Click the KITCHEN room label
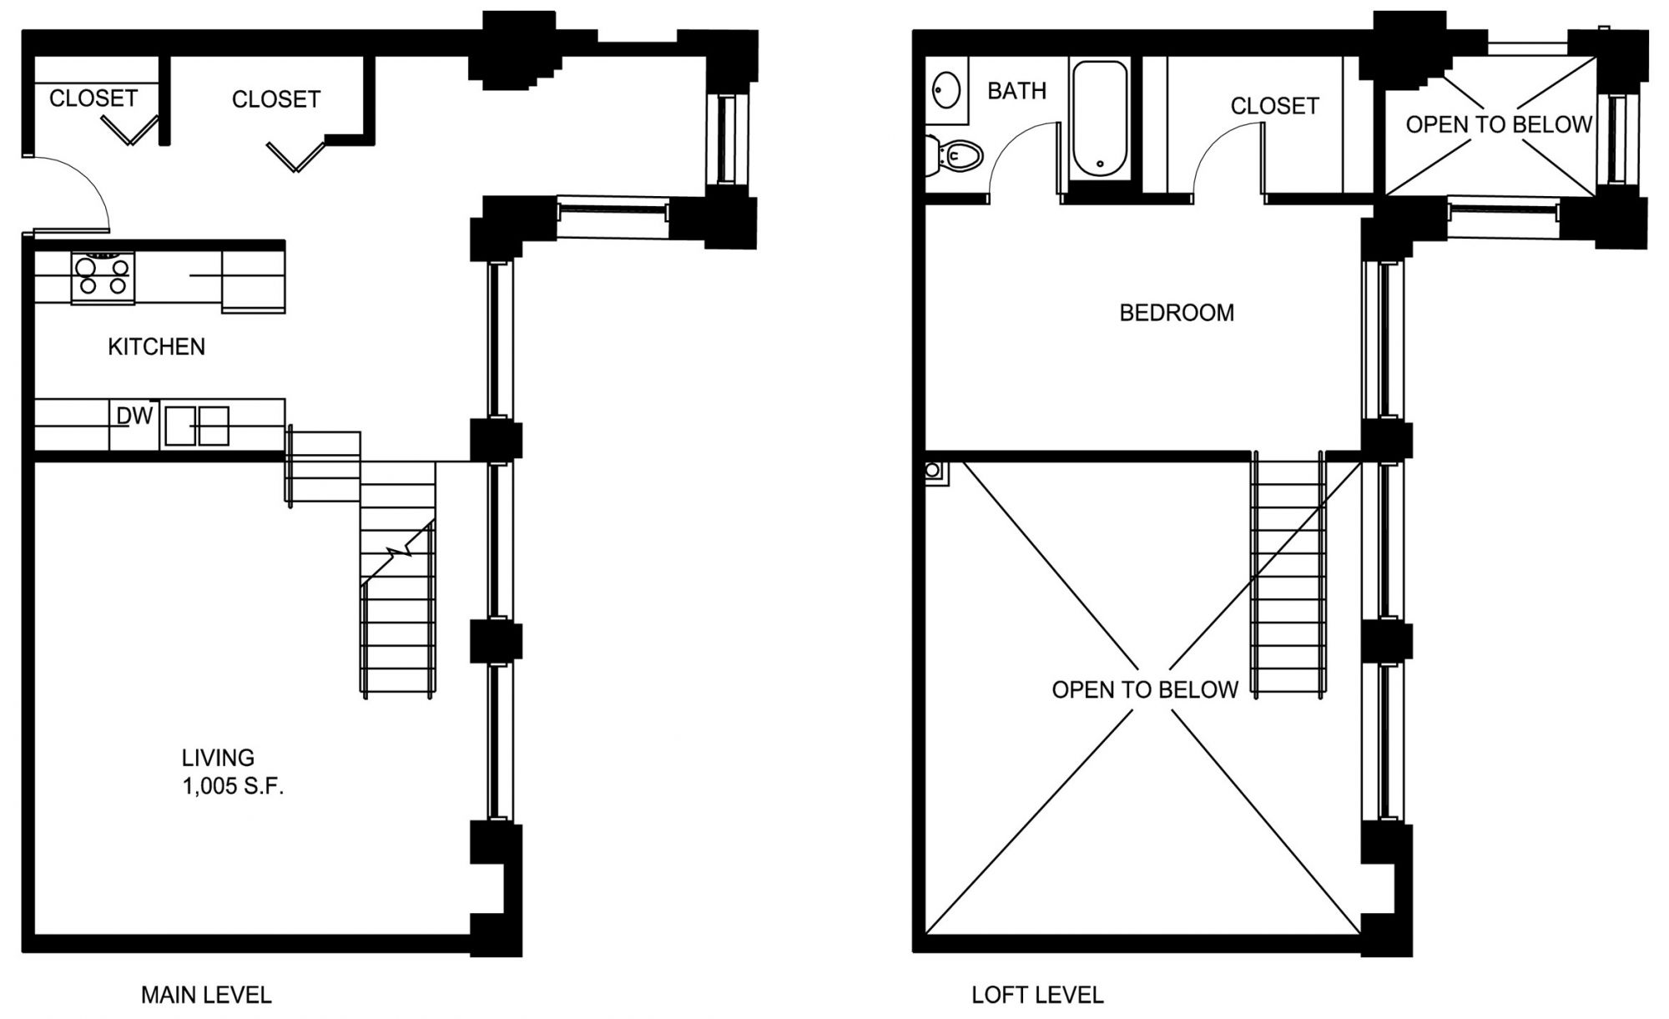coord(156,346)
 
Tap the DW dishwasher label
coord(134,416)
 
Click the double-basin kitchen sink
coord(197,426)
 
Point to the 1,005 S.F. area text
coord(234,786)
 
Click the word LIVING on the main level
coord(218,758)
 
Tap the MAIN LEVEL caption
coord(206,995)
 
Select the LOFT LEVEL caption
coord(1037,995)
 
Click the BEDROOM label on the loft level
coord(1177,313)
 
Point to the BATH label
coord(1016,90)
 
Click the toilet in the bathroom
coord(955,155)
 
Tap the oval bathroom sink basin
coord(946,90)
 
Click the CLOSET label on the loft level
coord(1274,106)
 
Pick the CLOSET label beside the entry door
coord(93,98)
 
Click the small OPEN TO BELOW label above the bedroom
coord(1499,124)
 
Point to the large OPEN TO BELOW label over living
coord(1145,689)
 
